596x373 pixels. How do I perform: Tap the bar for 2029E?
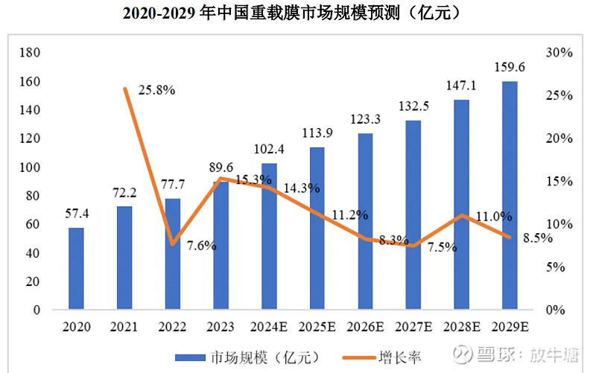pyautogui.click(x=510, y=195)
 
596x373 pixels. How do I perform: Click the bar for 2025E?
pyautogui.click(x=317, y=228)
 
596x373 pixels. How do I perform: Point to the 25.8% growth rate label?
pyautogui.click(x=156, y=90)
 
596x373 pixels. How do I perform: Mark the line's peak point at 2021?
pyautogui.click(x=124, y=89)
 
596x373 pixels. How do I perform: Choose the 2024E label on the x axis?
pyautogui.click(x=268, y=327)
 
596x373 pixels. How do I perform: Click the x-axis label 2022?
pyautogui.click(x=172, y=327)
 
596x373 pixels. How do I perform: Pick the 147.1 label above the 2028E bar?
pyautogui.click(x=461, y=86)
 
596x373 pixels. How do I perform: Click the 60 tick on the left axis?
pyautogui.click(x=33, y=224)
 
